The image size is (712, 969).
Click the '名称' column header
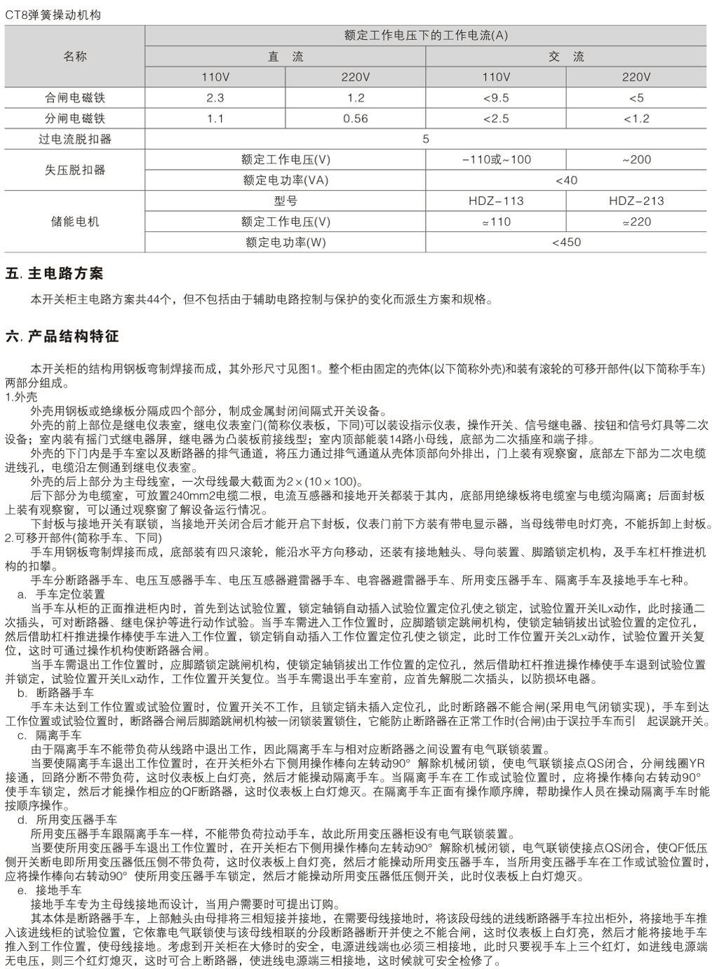click(75, 56)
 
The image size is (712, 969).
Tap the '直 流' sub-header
click(286, 57)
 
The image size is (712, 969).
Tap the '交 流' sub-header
click(566, 57)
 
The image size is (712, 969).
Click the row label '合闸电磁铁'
click(75, 98)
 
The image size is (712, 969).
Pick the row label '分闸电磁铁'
click(75, 118)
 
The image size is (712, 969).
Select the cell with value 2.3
click(215, 98)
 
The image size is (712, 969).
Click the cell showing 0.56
click(356, 118)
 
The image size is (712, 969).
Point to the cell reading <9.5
click(496, 98)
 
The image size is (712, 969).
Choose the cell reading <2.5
click(496, 118)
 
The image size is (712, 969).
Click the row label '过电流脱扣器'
click(75, 139)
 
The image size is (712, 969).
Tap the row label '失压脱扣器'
click(75, 170)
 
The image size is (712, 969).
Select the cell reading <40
click(566, 180)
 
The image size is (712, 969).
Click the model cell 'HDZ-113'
click(496, 201)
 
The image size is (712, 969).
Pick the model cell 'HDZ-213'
click(636, 201)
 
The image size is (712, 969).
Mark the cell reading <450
click(566, 243)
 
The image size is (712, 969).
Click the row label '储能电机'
click(75, 222)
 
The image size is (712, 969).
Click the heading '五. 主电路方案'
click(54, 273)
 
